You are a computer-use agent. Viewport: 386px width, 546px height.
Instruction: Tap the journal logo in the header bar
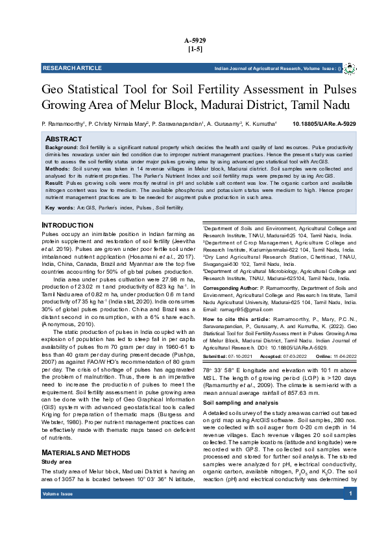click(x=349, y=68)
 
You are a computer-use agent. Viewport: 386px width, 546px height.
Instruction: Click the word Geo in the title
click(x=54, y=89)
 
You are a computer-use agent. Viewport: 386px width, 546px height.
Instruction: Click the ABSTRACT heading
click(x=64, y=139)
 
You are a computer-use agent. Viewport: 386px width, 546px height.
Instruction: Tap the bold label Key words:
click(x=60, y=208)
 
